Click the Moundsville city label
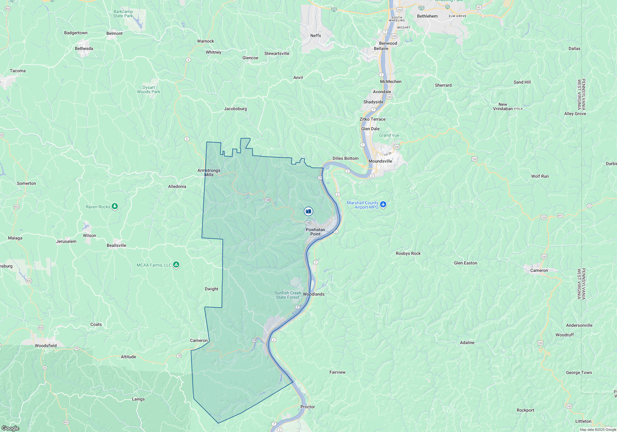click(x=380, y=161)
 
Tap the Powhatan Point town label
click(x=315, y=232)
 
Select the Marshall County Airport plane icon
click(x=383, y=204)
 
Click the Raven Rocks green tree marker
click(x=115, y=206)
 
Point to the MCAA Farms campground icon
click(x=176, y=265)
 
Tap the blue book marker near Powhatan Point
click(x=308, y=211)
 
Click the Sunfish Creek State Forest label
click(x=288, y=295)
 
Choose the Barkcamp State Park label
click(x=123, y=14)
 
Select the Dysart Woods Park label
click(x=148, y=89)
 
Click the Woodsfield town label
click(x=46, y=346)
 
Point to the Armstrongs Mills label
click(x=209, y=172)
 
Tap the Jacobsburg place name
click(x=235, y=109)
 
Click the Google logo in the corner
click(x=10, y=428)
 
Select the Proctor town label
click(x=308, y=407)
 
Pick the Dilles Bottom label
click(x=345, y=158)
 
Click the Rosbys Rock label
click(x=408, y=253)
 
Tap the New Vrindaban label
click(x=503, y=106)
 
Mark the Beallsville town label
click(x=116, y=245)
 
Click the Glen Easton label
click(x=466, y=263)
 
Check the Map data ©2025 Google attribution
click(x=598, y=430)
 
